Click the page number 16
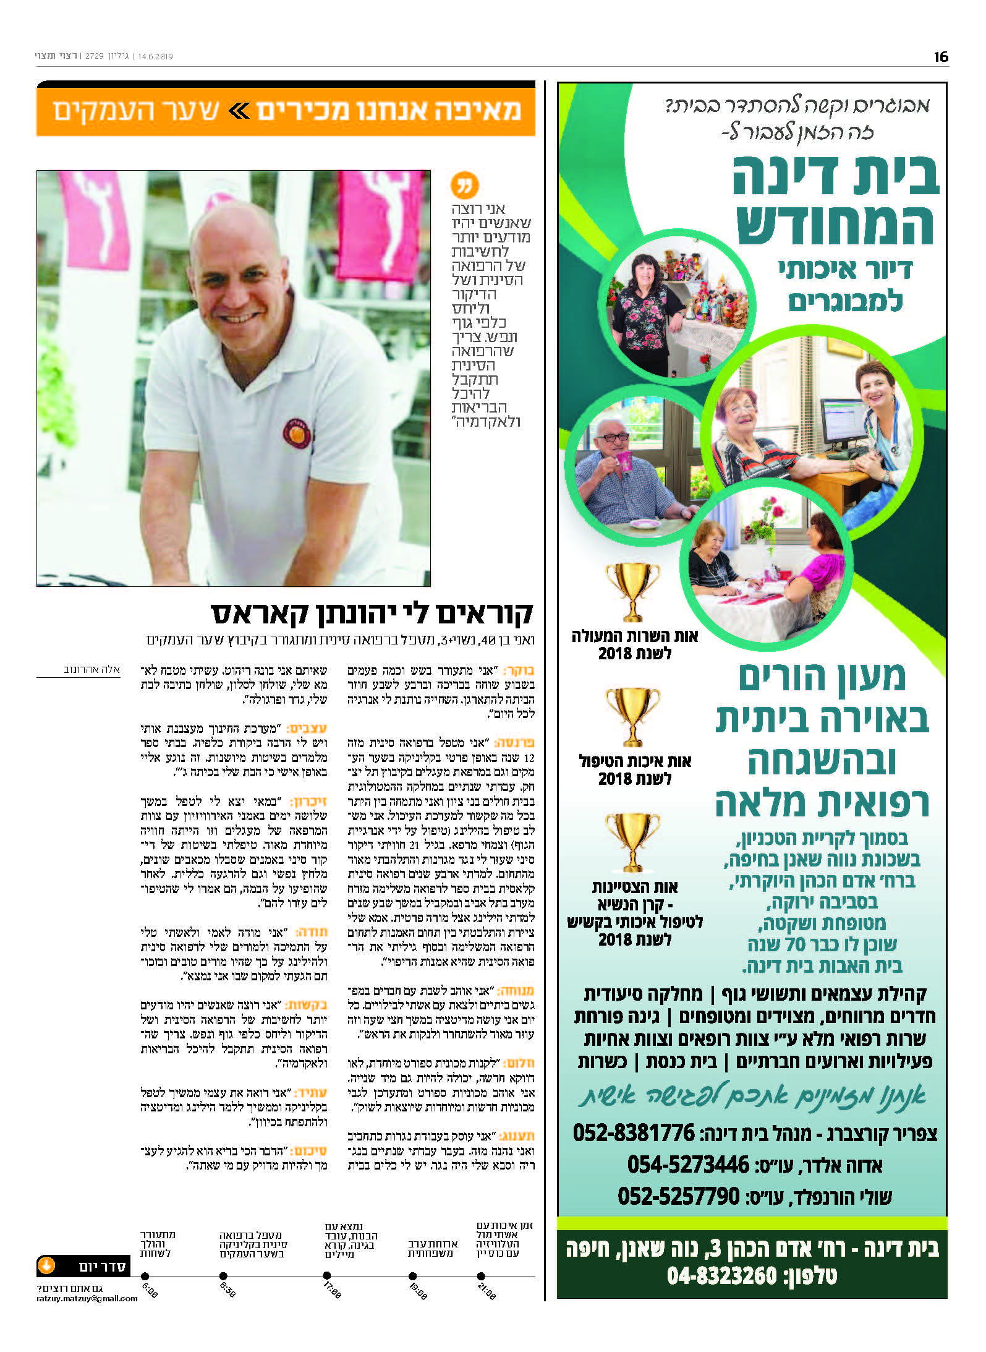point(940,57)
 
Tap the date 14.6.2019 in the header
point(155,56)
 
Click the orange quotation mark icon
point(465,185)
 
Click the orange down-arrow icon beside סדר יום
point(47,1265)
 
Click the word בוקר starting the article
point(519,671)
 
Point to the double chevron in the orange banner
point(239,111)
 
